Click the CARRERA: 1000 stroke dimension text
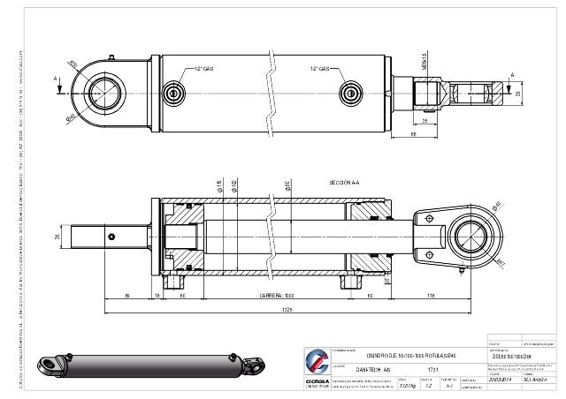276,295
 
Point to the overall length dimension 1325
288,310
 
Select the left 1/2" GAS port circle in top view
174,92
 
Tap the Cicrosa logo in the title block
317,362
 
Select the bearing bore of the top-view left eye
99,91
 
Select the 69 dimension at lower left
128,295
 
